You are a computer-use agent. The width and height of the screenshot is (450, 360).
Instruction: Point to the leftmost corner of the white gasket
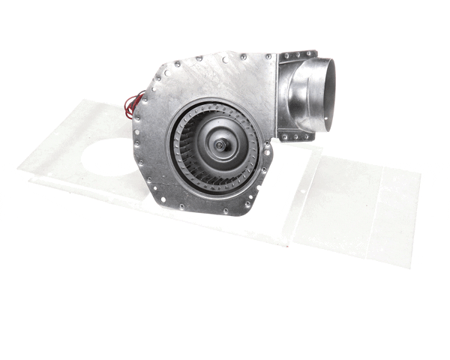coord(19,170)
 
